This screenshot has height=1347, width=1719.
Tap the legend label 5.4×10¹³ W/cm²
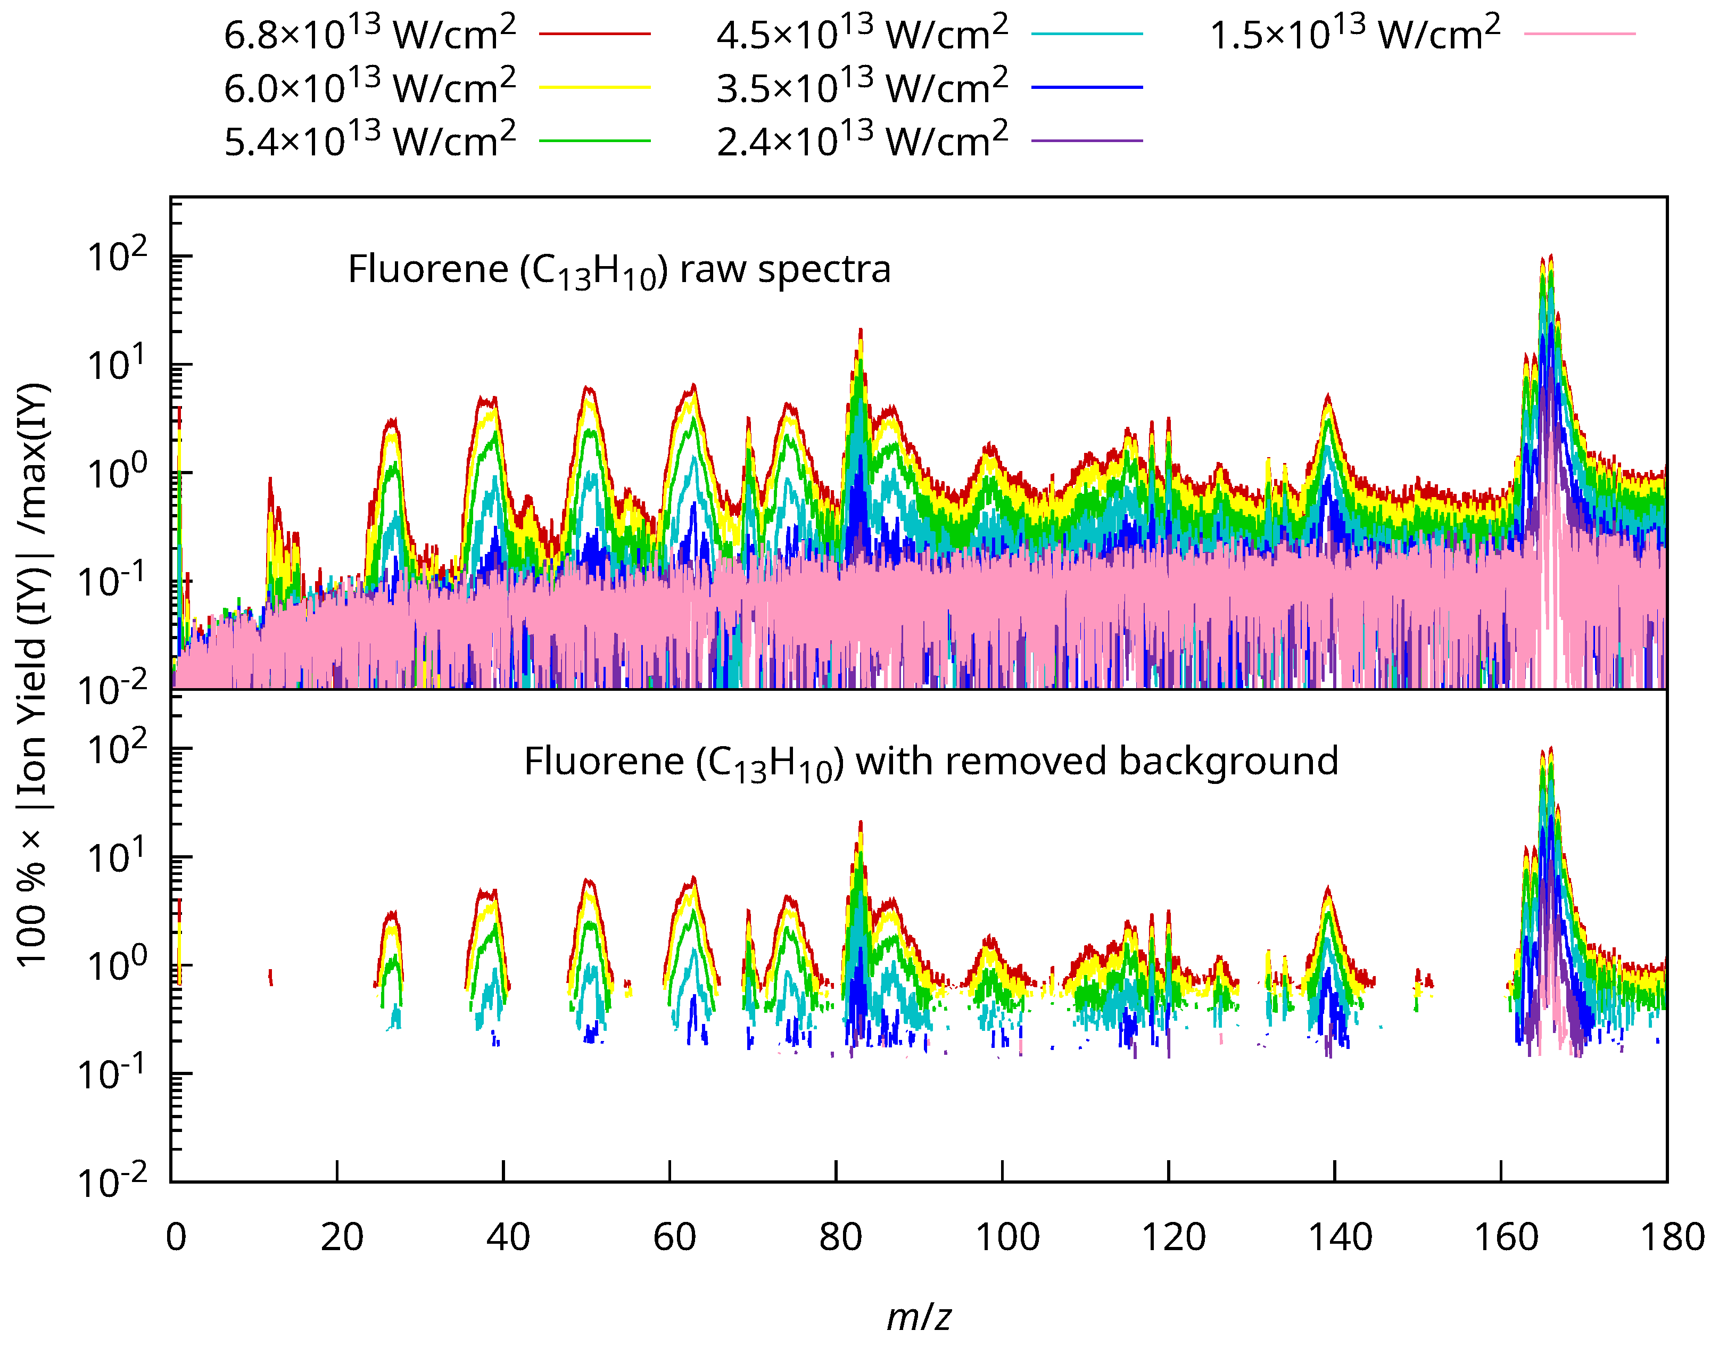point(370,141)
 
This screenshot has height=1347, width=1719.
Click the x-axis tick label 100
point(1007,1237)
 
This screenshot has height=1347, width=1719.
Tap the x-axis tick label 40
point(508,1237)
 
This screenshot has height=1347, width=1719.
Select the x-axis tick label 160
point(1506,1237)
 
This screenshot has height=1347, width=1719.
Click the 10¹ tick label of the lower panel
point(117,856)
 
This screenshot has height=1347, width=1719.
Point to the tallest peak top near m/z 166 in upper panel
point(1551,257)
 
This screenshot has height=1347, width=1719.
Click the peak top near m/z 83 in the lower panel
point(860,823)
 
